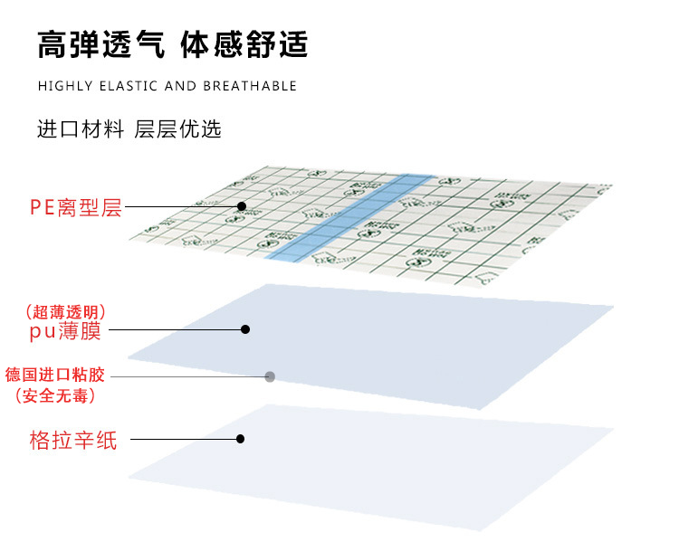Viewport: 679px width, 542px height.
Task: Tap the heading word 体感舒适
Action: (x=244, y=44)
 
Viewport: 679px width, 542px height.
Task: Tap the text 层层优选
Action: (x=177, y=129)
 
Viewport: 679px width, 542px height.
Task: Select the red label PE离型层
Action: (x=75, y=208)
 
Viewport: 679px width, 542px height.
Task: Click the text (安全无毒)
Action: (x=55, y=395)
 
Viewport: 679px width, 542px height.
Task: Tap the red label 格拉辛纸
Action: (x=73, y=441)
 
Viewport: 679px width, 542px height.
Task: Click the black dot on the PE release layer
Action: (x=242, y=206)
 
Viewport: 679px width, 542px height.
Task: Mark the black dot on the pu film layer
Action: (x=244, y=329)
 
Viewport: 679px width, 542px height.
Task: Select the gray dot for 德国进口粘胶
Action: (x=269, y=376)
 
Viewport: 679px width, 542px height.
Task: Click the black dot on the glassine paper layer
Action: (x=240, y=439)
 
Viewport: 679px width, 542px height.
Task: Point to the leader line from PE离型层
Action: (x=181, y=207)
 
